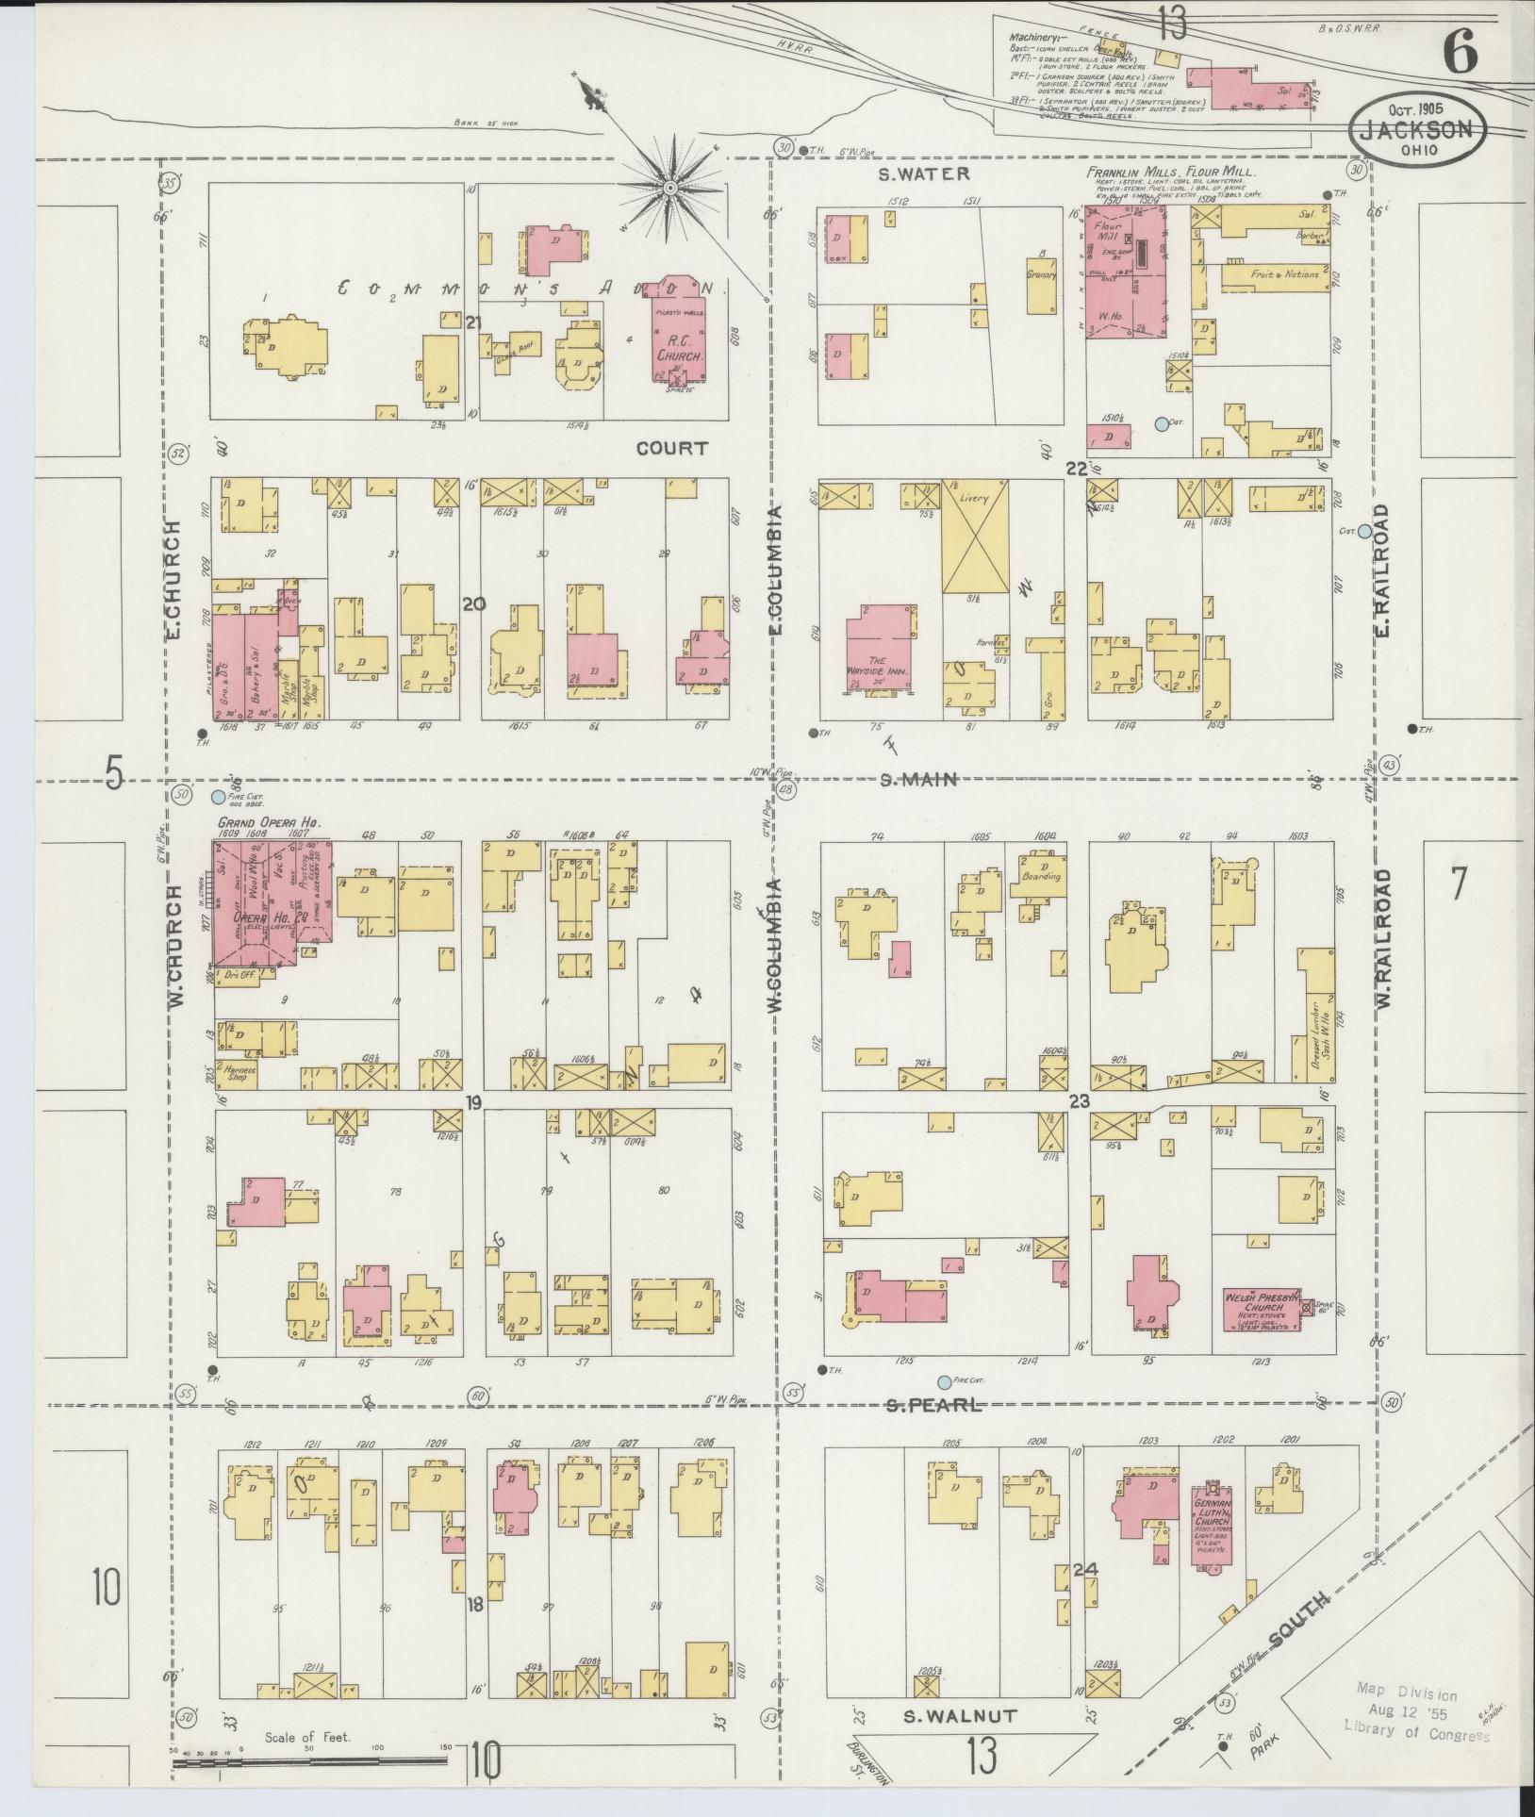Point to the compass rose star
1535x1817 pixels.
(671, 188)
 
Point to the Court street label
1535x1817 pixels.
(671, 448)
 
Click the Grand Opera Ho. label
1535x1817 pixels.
(270, 823)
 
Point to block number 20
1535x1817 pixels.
(473, 604)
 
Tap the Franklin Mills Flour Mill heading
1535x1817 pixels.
(1170, 173)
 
